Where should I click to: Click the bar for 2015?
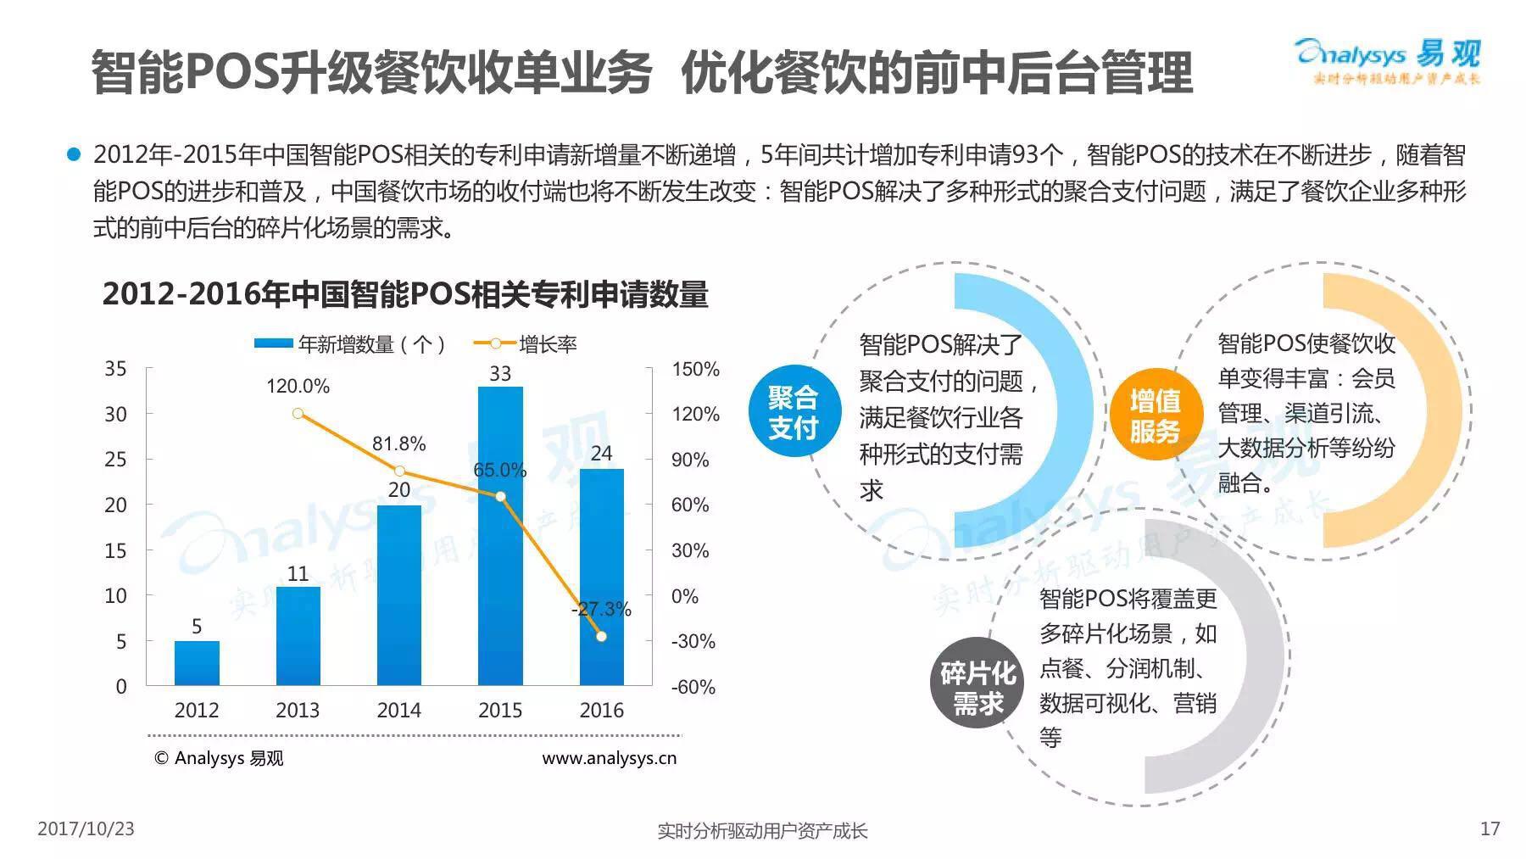500,536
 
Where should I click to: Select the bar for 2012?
197,663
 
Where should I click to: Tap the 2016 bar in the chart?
601,577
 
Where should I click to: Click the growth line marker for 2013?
298,414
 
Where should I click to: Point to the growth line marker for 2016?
601,636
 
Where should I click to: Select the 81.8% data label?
398,443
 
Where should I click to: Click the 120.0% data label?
298,387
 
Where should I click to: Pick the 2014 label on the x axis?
398,711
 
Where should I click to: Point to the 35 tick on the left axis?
115,369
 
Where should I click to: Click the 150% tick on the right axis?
695,370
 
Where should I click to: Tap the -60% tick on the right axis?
693,687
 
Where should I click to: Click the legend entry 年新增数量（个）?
349,344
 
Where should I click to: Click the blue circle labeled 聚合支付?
793,412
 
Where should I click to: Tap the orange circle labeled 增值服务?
1154,415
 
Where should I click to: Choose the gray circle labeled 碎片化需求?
977,688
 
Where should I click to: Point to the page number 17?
1490,828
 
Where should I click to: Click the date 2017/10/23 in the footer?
86,828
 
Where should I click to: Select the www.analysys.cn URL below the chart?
609,758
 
